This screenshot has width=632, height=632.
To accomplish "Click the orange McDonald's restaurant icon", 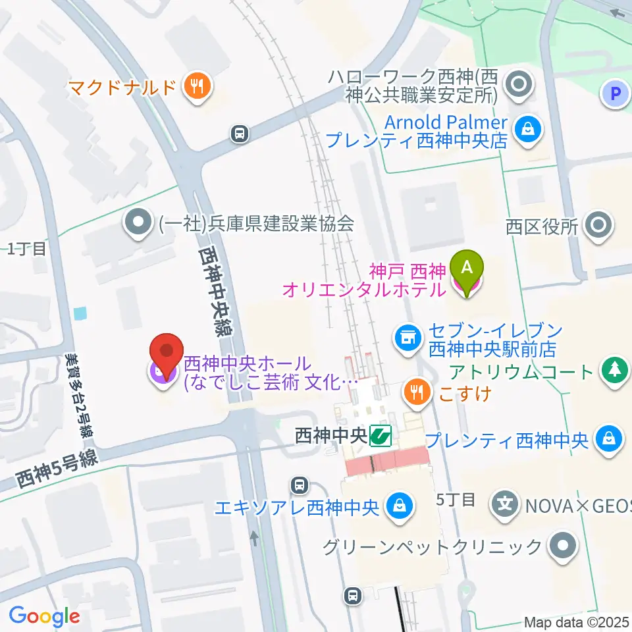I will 197,86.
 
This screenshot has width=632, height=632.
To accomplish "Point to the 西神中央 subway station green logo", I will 380,435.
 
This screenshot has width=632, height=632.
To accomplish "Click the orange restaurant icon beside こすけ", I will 417,393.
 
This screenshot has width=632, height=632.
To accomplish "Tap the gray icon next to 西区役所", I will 598,226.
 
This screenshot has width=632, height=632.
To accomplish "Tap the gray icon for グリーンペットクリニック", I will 563,546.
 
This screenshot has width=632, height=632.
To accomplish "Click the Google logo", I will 44,617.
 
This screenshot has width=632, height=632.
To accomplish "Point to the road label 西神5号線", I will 57,469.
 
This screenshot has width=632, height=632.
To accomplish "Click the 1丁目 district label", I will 27,249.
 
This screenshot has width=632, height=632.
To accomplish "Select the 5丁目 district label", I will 456,500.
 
